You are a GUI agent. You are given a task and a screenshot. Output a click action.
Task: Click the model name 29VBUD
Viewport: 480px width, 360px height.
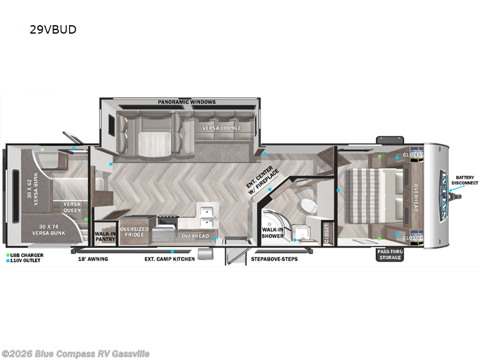(53, 29)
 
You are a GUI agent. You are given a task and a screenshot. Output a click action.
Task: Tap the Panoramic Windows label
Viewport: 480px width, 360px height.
(187, 102)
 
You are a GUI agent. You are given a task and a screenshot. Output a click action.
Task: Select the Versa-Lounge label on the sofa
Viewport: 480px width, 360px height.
(221, 128)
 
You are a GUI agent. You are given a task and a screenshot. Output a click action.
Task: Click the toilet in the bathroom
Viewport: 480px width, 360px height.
(308, 206)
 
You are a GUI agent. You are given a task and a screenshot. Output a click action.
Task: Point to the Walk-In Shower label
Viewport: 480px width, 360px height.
(272, 233)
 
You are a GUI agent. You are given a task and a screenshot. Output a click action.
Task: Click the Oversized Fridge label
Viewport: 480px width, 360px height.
(134, 232)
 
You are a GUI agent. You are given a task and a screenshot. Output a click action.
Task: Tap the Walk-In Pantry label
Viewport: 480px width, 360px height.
(105, 236)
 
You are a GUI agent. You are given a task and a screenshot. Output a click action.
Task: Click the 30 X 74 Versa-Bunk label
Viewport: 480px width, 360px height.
(49, 230)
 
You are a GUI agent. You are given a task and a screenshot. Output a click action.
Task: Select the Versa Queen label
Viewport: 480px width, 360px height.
(72, 207)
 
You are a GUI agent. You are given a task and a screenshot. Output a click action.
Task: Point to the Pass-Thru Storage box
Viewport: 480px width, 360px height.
(390, 254)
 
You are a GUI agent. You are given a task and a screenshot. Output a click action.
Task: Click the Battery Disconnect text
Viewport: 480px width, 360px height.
(464, 180)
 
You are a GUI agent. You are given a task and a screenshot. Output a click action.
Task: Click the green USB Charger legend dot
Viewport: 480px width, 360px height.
(8, 255)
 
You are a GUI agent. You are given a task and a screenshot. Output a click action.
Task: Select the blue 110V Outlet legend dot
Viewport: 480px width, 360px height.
(8, 260)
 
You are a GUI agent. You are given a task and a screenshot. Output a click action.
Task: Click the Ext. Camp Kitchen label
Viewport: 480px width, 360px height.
(170, 259)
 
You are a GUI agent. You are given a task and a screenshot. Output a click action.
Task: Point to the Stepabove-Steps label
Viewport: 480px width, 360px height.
(274, 259)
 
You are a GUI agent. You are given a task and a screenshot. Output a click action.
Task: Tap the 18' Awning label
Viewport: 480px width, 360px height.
(93, 259)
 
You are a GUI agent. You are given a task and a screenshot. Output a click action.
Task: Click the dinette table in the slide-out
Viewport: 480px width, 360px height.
(154, 144)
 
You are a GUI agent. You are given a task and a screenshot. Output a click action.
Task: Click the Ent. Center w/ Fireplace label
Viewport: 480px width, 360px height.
(262, 180)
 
